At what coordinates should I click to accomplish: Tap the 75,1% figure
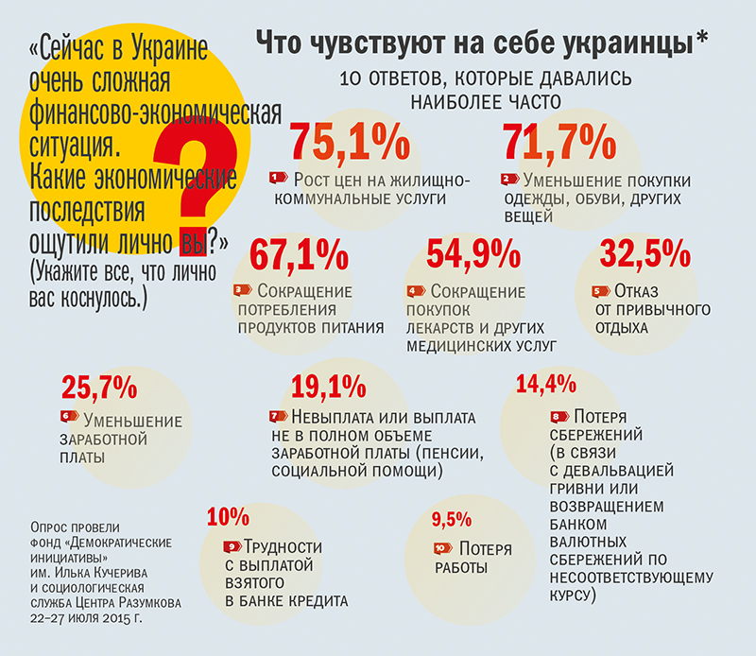pyautogui.click(x=350, y=143)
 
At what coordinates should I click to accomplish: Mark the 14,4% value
pyautogui.click(x=546, y=384)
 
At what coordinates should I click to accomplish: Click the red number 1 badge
pyautogui.click(x=279, y=177)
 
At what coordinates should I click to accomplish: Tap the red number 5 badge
pyautogui.click(x=598, y=291)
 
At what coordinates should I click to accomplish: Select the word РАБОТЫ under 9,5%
pyautogui.click(x=461, y=568)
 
